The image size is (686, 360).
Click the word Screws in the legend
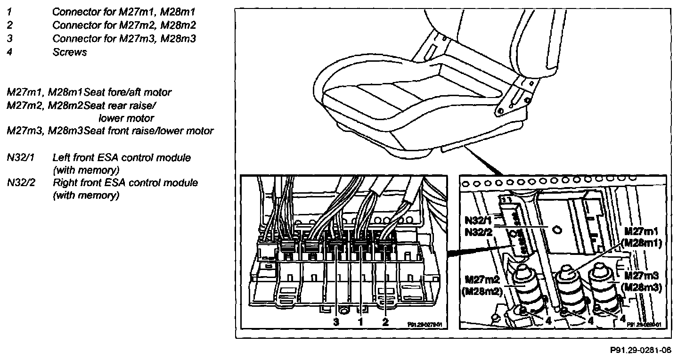click(x=70, y=52)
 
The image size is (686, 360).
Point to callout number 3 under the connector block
click(x=336, y=322)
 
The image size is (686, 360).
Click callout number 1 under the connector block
click(x=360, y=322)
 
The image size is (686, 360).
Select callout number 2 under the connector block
click(x=385, y=322)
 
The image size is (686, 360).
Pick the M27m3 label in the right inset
click(x=640, y=276)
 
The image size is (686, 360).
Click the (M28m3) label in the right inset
click(x=641, y=287)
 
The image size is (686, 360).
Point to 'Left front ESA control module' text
click(x=122, y=158)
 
